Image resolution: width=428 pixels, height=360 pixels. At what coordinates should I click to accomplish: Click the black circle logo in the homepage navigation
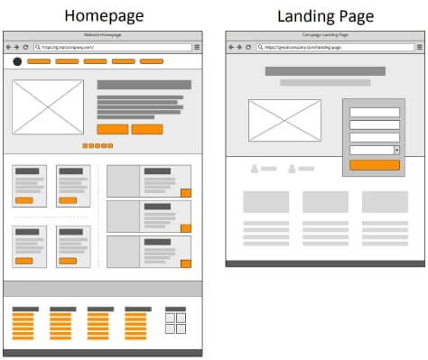point(17,61)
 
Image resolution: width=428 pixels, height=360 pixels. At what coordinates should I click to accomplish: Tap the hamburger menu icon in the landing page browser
point(419,46)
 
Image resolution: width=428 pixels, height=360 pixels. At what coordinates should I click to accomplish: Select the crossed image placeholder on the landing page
point(284,120)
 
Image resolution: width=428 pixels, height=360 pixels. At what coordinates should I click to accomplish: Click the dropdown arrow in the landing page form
point(396,150)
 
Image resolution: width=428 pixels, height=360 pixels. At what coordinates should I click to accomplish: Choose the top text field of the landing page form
point(374,112)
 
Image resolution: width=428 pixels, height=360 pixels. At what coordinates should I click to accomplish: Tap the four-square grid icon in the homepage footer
point(176,322)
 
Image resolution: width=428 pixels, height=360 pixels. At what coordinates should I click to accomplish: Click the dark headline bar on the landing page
point(325,70)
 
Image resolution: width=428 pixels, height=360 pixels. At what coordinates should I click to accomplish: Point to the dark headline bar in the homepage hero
point(144,85)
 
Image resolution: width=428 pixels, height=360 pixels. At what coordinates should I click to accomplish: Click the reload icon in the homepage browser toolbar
point(26,46)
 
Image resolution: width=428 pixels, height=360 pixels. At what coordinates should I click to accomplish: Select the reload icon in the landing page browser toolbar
point(247,46)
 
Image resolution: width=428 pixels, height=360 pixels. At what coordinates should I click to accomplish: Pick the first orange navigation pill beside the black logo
point(39,61)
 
